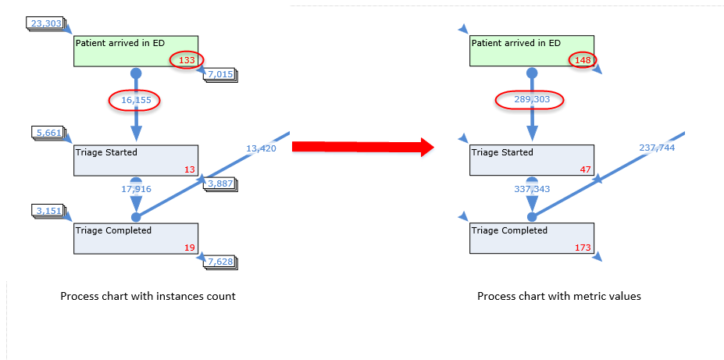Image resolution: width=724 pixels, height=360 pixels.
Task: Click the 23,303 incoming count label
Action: (45, 23)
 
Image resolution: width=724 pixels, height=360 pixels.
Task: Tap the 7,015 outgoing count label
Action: (221, 74)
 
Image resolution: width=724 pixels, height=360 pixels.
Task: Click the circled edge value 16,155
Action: (134, 100)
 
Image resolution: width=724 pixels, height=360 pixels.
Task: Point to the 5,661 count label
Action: (49, 133)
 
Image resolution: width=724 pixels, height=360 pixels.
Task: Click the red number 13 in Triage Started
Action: (190, 169)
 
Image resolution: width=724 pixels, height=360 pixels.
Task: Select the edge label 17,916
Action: (135, 188)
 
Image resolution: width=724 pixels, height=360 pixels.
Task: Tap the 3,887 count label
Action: (221, 184)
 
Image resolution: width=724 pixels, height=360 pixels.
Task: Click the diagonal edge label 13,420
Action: (260, 148)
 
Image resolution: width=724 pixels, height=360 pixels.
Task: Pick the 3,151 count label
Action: (49, 211)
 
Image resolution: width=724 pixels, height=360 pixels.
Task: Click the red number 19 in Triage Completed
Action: (190, 247)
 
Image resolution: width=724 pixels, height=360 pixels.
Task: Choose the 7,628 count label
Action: (221, 262)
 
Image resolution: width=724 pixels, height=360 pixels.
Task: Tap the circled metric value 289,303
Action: (530, 100)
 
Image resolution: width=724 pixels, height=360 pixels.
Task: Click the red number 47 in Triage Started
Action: (586, 169)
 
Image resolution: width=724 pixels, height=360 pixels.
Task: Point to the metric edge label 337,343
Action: (531, 188)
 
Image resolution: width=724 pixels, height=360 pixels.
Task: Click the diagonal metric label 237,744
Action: (656, 148)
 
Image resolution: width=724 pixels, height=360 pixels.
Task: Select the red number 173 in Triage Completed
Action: (583, 247)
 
